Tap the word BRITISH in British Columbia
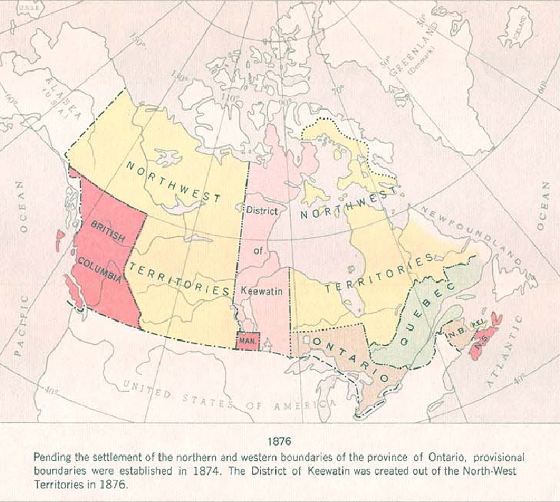(108, 231)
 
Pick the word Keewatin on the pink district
(261, 291)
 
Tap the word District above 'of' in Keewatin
(261, 211)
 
